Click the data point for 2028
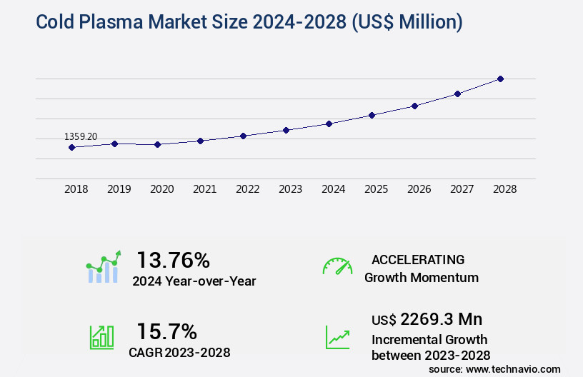pyautogui.click(x=500, y=79)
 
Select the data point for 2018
pyautogui.click(x=71, y=148)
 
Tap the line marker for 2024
pyautogui.click(x=329, y=124)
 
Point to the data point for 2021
pyautogui.click(x=200, y=141)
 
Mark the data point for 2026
pyautogui.click(x=414, y=106)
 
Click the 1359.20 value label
pyautogui.click(x=81, y=136)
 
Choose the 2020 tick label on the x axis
pyautogui.click(x=161, y=190)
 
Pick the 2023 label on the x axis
pyautogui.click(x=290, y=190)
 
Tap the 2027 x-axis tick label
pyautogui.click(x=462, y=190)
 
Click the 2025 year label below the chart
pyautogui.click(x=376, y=190)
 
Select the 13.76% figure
pyautogui.click(x=173, y=260)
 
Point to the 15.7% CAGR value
pyautogui.click(x=167, y=331)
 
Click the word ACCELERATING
pyautogui.click(x=418, y=259)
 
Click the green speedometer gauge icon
pyautogui.click(x=337, y=266)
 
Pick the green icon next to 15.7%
pyautogui.click(x=101, y=337)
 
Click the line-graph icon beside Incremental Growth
pyautogui.click(x=337, y=337)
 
